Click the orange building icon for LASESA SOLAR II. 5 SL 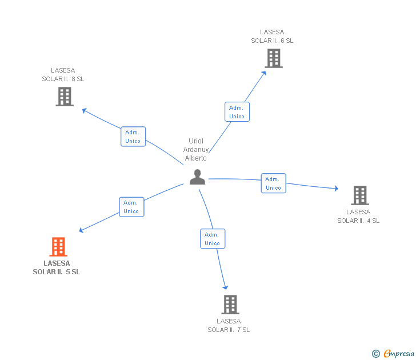coord(58,247)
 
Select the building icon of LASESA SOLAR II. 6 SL coord(273,58)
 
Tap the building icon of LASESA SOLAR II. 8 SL coord(65,97)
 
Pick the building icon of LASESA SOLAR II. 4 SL coord(359,195)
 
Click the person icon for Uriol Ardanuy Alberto coord(197,177)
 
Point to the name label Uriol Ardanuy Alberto coord(196,150)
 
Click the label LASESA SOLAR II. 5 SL coord(57,268)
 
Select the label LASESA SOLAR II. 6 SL coord(272,37)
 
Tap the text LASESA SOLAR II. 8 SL coord(63,75)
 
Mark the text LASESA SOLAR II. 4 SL coord(358,217)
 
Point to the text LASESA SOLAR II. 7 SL coord(229,326)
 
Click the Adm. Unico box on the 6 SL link coord(237,112)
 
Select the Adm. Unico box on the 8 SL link coord(133,137)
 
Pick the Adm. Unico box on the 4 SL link coord(273,183)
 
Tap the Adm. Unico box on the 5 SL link coord(131,207)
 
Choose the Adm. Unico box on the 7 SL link coord(212,239)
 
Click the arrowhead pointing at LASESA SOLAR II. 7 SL coord(226,286)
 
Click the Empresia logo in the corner coord(393,354)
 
